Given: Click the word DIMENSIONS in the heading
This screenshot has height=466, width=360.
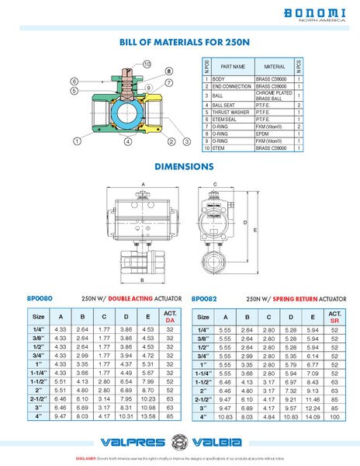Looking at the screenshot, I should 180,166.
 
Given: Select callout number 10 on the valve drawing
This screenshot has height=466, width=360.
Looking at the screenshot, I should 147,64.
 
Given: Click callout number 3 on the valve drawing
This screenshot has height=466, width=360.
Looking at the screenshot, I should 187,141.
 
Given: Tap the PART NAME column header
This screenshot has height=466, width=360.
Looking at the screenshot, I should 233,67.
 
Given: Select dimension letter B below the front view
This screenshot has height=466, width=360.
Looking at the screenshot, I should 144,277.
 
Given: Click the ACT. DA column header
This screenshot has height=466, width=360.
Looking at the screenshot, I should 170,316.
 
